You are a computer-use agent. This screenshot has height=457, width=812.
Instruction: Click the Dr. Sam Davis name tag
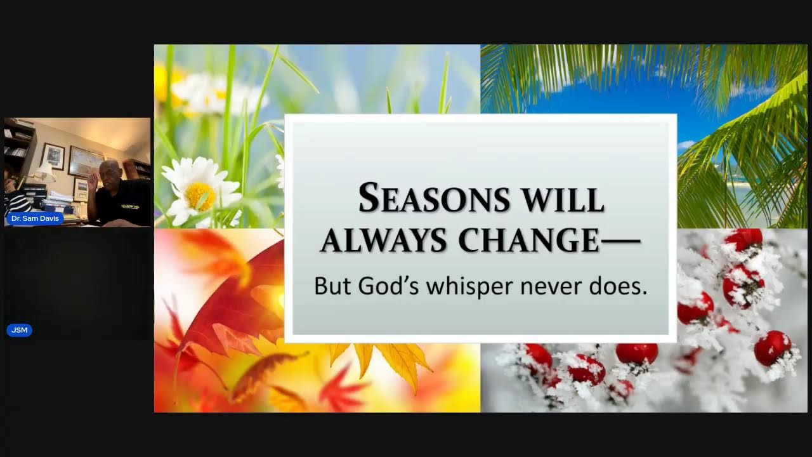tap(35, 218)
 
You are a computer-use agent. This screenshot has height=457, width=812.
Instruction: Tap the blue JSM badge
tap(19, 330)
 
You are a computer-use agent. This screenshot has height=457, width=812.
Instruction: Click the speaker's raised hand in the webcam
tap(93, 180)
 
